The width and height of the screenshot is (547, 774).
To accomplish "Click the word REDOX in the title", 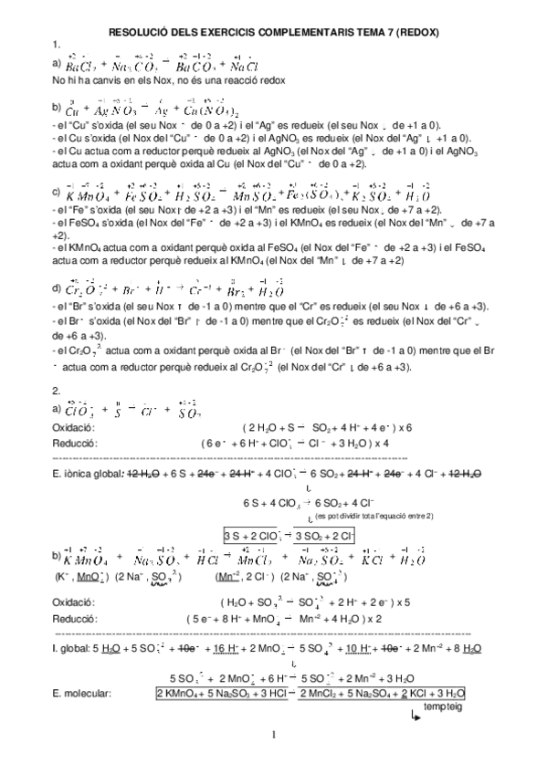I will pos(416,31).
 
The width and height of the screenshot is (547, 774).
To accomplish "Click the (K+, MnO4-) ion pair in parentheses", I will pos(79,577).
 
